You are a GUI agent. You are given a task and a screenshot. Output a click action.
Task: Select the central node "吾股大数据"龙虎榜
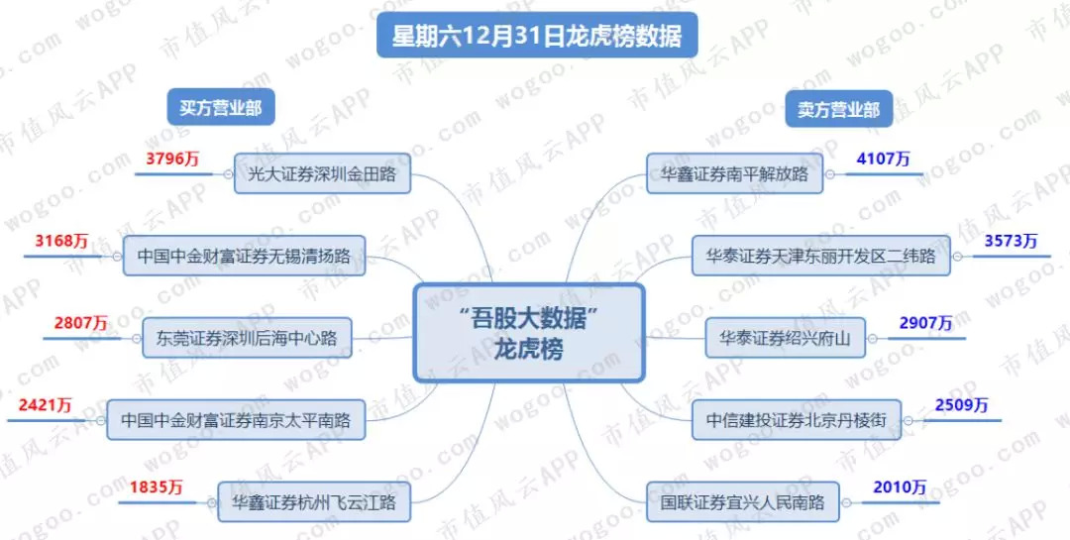point(529,333)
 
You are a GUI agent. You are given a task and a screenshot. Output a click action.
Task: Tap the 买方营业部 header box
point(220,108)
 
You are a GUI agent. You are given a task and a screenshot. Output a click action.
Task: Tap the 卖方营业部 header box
point(838,110)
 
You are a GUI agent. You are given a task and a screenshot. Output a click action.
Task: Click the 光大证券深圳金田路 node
point(323,173)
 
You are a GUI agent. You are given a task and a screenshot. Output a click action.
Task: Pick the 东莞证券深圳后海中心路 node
point(247,338)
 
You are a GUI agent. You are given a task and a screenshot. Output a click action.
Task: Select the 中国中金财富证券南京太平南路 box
point(236,419)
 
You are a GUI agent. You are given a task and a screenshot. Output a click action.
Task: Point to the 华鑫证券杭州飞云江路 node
point(314,501)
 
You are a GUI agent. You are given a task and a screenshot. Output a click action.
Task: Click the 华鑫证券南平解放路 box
point(735,174)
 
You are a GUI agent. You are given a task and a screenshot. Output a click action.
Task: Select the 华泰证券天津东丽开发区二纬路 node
point(821,256)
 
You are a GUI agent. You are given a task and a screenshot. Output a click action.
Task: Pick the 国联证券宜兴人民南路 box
point(743,501)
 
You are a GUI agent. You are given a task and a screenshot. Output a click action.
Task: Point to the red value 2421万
point(46,404)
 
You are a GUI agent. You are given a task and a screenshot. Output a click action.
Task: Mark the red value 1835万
point(157,486)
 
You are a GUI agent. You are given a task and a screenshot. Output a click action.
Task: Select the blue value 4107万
point(883,158)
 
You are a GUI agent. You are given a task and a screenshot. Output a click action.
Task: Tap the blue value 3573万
point(1011,241)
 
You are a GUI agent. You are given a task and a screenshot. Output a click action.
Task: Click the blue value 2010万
point(899,486)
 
